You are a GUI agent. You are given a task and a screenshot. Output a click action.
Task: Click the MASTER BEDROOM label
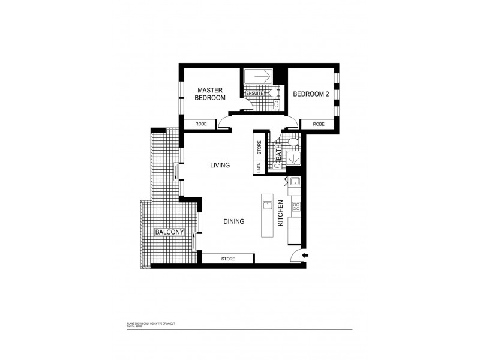point(211,94)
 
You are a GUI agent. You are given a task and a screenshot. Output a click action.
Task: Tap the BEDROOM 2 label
point(311,94)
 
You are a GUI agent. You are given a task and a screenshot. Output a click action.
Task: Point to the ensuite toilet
point(274,94)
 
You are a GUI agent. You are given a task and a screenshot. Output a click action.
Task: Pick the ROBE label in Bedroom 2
point(318,124)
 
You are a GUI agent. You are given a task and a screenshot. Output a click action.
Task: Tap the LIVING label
point(220,166)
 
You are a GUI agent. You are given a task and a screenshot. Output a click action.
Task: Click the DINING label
point(233,221)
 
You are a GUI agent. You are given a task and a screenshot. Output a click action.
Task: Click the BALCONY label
point(168,232)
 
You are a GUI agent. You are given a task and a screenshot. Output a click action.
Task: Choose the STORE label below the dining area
point(228,259)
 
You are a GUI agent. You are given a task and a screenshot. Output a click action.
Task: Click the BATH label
point(278,157)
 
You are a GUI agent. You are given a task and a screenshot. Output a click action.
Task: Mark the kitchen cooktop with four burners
point(296,207)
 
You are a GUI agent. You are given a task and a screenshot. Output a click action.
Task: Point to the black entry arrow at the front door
point(305,256)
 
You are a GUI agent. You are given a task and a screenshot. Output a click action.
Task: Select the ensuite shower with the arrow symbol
point(258,77)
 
